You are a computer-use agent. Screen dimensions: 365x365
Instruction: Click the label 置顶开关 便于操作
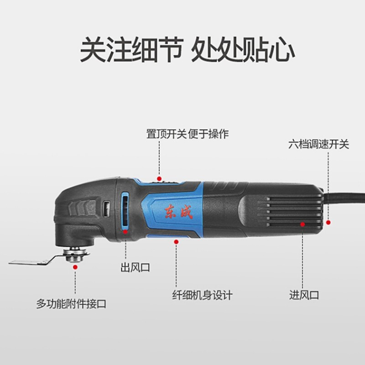click(x=188, y=134)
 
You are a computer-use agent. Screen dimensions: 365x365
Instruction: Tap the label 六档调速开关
click(x=318, y=144)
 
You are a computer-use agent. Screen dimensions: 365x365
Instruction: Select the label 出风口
click(x=135, y=267)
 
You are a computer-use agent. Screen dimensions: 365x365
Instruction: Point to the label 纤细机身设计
click(x=202, y=295)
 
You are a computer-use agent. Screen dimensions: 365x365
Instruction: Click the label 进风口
click(x=304, y=295)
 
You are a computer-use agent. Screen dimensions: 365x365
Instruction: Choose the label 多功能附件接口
click(x=71, y=304)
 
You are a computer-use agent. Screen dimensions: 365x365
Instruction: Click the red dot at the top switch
click(x=159, y=179)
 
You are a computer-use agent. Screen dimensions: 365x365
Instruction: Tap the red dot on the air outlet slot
click(x=125, y=232)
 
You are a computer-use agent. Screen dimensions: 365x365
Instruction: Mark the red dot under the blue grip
click(x=176, y=242)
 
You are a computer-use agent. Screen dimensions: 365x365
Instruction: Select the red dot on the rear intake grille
click(x=302, y=224)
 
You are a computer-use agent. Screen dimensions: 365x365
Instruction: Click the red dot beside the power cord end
click(x=328, y=223)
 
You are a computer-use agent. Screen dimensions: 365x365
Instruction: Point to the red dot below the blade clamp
click(x=75, y=267)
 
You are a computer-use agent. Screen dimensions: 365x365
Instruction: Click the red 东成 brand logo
click(x=179, y=212)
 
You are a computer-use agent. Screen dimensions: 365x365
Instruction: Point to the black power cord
click(x=344, y=196)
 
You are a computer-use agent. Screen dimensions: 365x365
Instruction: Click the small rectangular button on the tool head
click(x=107, y=209)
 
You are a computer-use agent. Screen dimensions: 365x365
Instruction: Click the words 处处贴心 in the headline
click(x=243, y=49)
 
